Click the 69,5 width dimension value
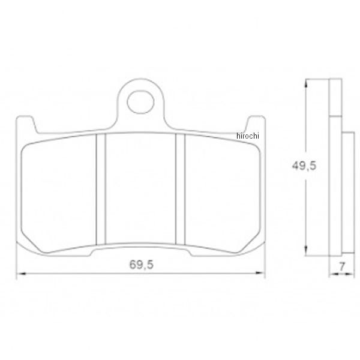[142, 265]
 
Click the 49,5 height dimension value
[304, 166]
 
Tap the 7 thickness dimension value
[342, 267]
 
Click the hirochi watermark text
[248, 136]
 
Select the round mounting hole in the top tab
[140, 102]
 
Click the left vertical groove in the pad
[101, 190]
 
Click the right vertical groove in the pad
[180, 190]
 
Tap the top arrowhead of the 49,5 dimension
[306, 83]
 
